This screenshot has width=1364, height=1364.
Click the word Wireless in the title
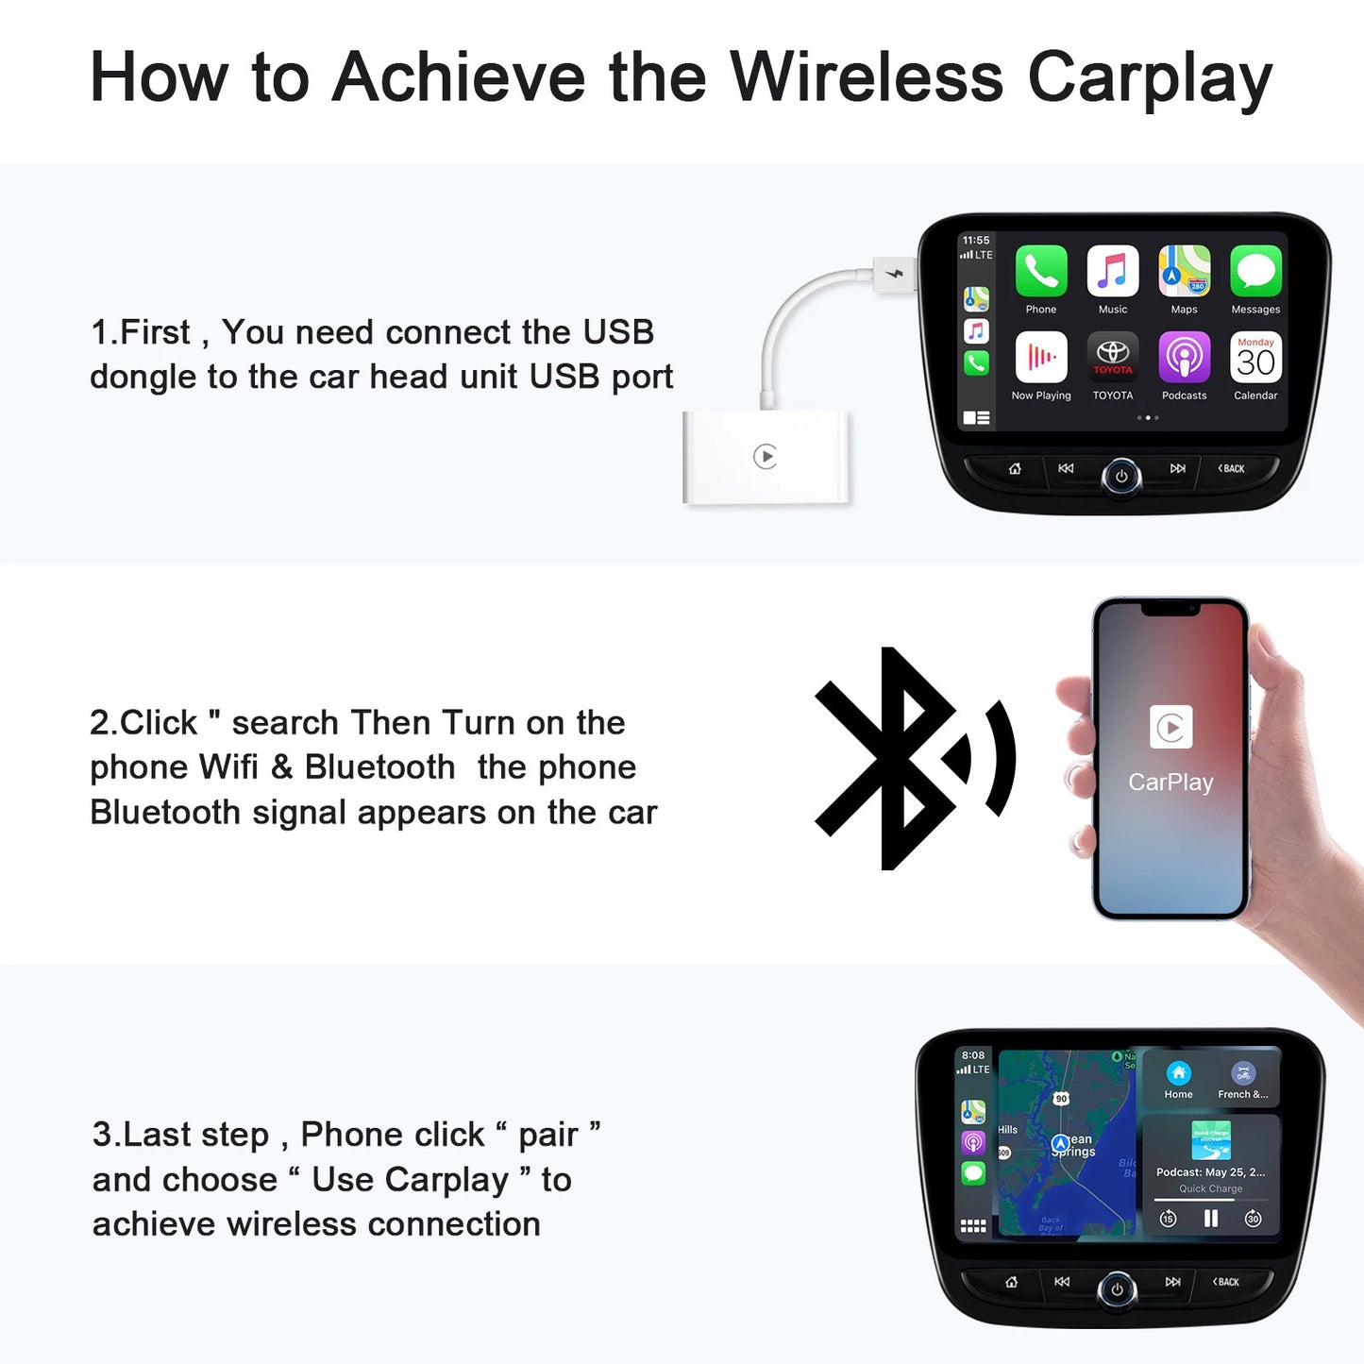pos(866,76)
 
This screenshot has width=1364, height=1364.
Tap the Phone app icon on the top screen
pos(1041,272)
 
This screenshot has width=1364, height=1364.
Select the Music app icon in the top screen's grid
pos(1113,272)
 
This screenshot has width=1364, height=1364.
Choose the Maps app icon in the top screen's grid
pos(1184,272)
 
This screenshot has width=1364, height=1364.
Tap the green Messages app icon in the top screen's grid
pos(1255,272)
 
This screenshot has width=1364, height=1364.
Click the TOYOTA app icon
pos(1113,357)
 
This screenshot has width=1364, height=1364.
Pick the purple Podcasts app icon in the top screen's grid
pos(1184,357)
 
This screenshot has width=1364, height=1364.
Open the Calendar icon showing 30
pos(1255,357)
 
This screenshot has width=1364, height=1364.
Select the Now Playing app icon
pos(1041,357)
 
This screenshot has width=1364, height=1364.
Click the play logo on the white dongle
pos(766,457)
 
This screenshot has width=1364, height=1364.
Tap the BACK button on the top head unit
pos(1231,468)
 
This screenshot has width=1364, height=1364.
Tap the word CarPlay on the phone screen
pos(1170,782)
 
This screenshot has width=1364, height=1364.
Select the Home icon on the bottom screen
pos(1178,1073)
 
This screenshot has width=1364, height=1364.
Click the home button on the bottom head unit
pos(1012,1282)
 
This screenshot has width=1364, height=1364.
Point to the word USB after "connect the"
pos(618,332)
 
